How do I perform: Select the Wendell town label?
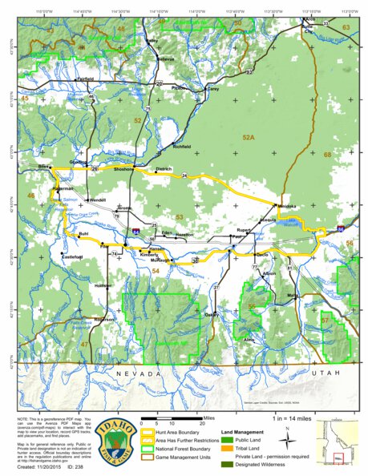[98, 200]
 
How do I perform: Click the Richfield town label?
[181, 147]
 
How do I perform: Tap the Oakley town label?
[211, 315]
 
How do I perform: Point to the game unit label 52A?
[248, 138]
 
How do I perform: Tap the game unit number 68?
[327, 154]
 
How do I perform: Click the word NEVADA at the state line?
[134, 374]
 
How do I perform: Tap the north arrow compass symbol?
[286, 438]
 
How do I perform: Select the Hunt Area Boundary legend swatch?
[148, 433]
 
